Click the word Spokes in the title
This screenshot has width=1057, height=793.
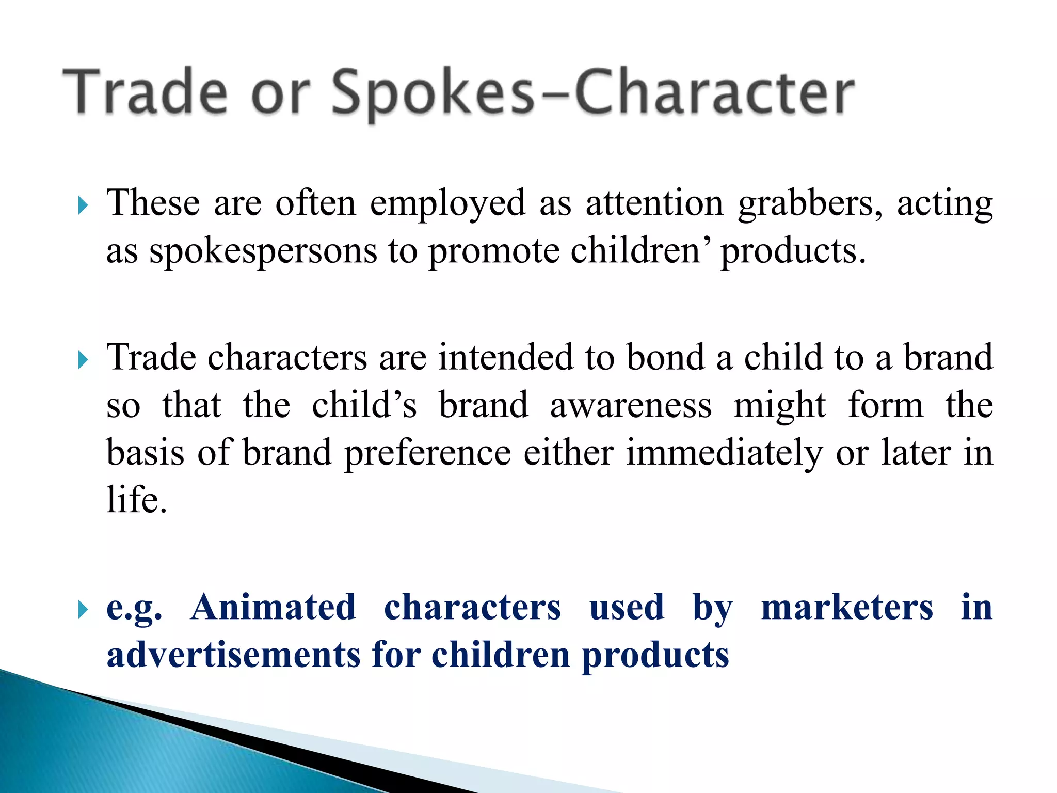click(433, 93)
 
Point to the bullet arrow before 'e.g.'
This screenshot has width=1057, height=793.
click(83, 610)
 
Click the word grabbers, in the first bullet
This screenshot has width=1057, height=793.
click(810, 204)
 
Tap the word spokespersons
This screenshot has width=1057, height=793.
click(263, 252)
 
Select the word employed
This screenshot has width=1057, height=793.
click(447, 204)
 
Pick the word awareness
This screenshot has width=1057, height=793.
click(631, 405)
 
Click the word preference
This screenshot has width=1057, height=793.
click(427, 453)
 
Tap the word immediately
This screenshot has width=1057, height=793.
click(724, 453)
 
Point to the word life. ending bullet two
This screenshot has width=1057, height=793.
click(137, 500)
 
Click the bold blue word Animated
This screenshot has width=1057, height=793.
click(273, 607)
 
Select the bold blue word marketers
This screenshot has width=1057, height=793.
click(847, 607)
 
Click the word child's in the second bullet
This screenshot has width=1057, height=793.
click(364, 405)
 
